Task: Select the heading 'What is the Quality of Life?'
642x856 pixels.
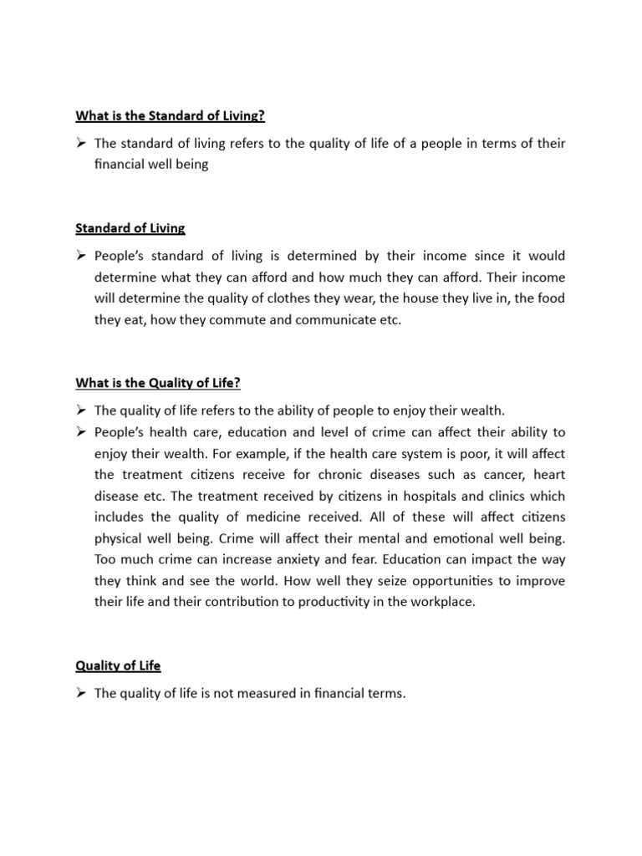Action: click(158, 382)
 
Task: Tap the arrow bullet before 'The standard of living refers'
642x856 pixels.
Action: click(81, 144)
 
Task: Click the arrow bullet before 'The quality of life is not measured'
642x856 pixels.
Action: click(81, 693)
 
